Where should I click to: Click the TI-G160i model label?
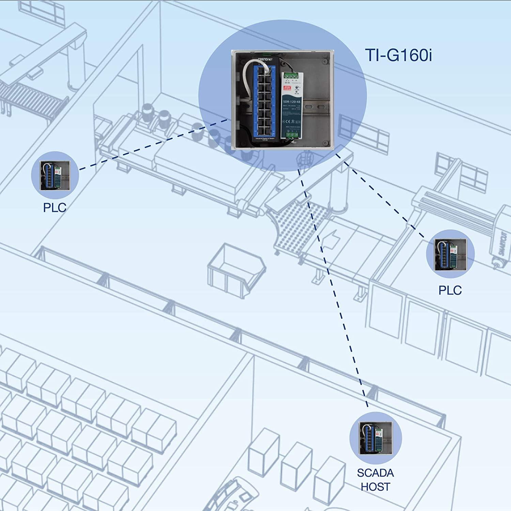[x=398, y=55]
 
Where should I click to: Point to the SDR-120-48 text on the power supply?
[x=291, y=102]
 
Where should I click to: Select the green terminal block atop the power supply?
[x=292, y=76]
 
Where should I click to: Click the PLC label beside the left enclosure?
[x=55, y=207]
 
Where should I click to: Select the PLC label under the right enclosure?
[x=450, y=290]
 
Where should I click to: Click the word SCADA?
[x=375, y=473]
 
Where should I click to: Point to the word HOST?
[x=375, y=487]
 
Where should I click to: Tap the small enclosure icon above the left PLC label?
[x=55, y=175]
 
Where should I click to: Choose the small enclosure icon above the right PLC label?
[x=450, y=254]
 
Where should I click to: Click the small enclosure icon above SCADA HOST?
[x=375, y=438]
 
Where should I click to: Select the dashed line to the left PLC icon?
[x=153, y=144]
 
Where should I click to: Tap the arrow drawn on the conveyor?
[x=329, y=238]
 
